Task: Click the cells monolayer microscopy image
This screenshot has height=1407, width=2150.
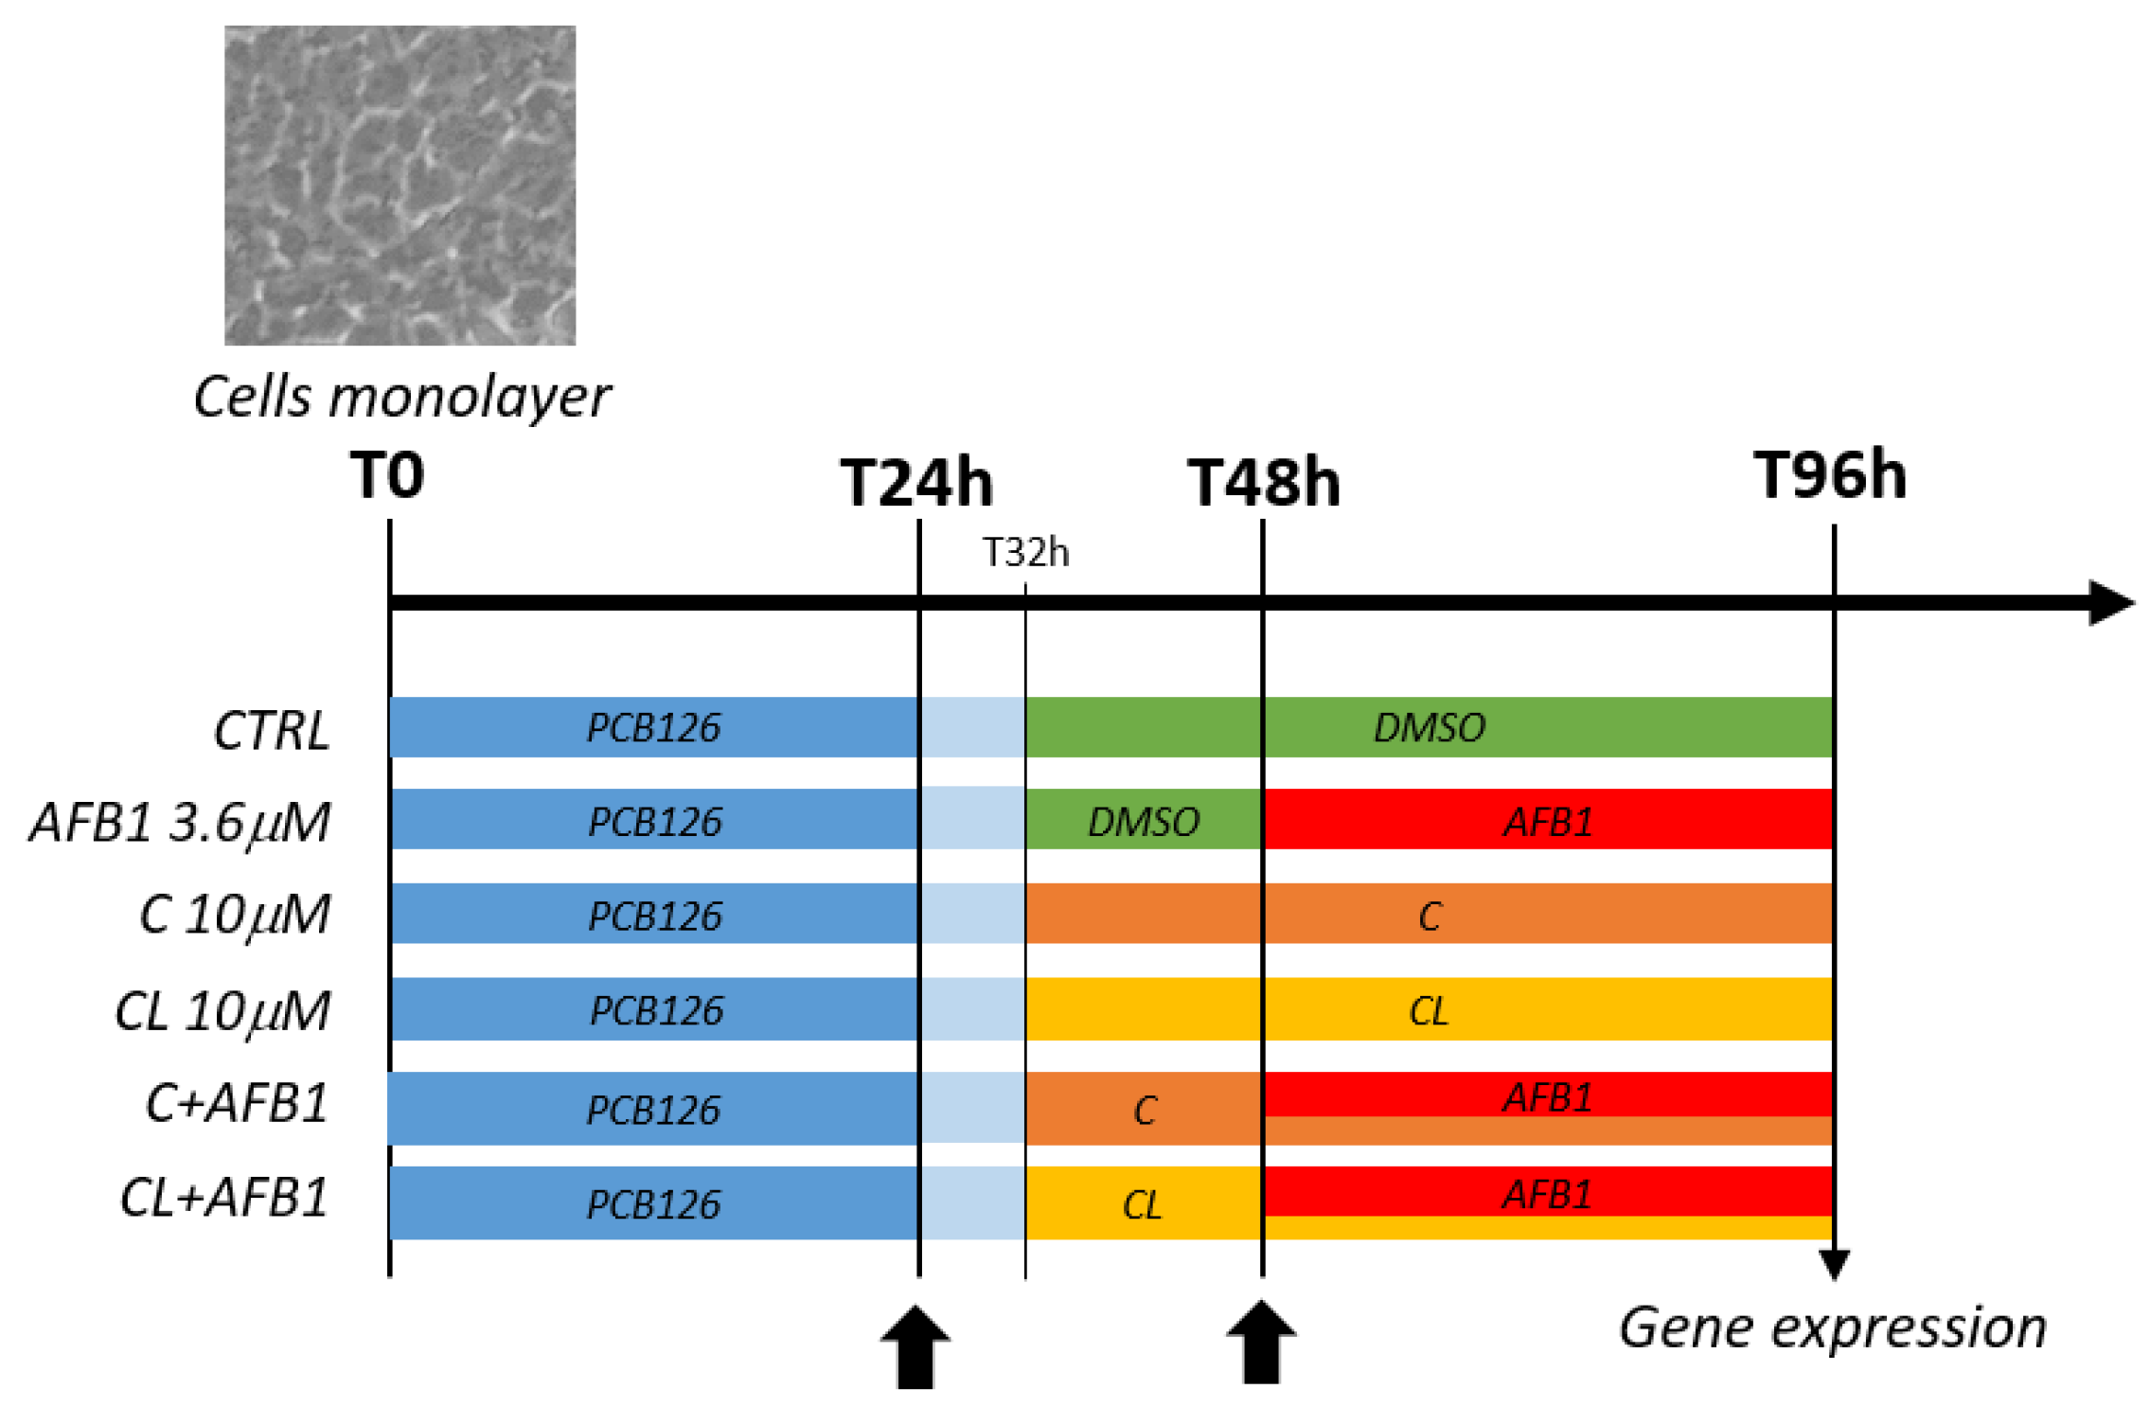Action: pyautogui.click(x=400, y=186)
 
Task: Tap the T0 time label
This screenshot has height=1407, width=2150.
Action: pyautogui.click(x=387, y=475)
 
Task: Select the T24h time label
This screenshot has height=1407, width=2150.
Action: pyautogui.click(x=916, y=484)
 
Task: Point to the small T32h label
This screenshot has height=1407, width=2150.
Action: pyautogui.click(x=1025, y=553)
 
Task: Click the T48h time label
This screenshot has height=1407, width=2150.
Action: pyautogui.click(x=1264, y=484)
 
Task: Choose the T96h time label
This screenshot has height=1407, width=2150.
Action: pyautogui.click(x=1830, y=475)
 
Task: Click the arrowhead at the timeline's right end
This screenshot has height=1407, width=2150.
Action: pyautogui.click(x=2110, y=603)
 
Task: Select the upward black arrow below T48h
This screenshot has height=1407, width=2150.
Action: pyautogui.click(x=1261, y=1342)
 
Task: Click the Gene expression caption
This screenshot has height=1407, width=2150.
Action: pyautogui.click(x=1833, y=1327)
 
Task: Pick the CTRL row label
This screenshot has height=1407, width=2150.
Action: pyautogui.click(x=272, y=731)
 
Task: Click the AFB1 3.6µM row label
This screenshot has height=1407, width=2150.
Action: pyautogui.click(x=181, y=822)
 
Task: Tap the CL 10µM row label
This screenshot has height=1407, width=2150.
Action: pyautogui.click(x=222, y=1011)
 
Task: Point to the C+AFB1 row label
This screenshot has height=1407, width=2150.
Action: pyautogui.click(x=237, y=1104)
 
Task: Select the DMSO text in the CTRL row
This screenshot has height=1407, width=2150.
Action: pyautogui.click(x=1430, y=727)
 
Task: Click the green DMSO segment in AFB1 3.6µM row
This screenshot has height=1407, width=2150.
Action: pyautogui.click(x=1144, y=821)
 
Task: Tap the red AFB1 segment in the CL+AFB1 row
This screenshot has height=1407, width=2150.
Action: pyautogui.click(x=1548, y=1193)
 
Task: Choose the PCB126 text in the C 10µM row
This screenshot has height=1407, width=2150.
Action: pyautogui.click(x=655, y=916)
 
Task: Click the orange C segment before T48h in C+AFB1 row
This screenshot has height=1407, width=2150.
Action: pyautogui.click(x=1144, y=1110)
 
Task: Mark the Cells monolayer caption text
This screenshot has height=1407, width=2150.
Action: pyautogui.click(x=401, y=396)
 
